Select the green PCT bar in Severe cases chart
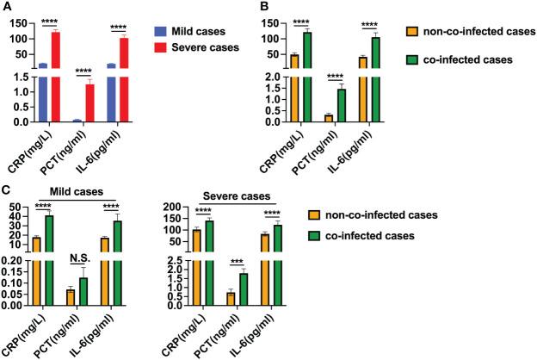point(244,289)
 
